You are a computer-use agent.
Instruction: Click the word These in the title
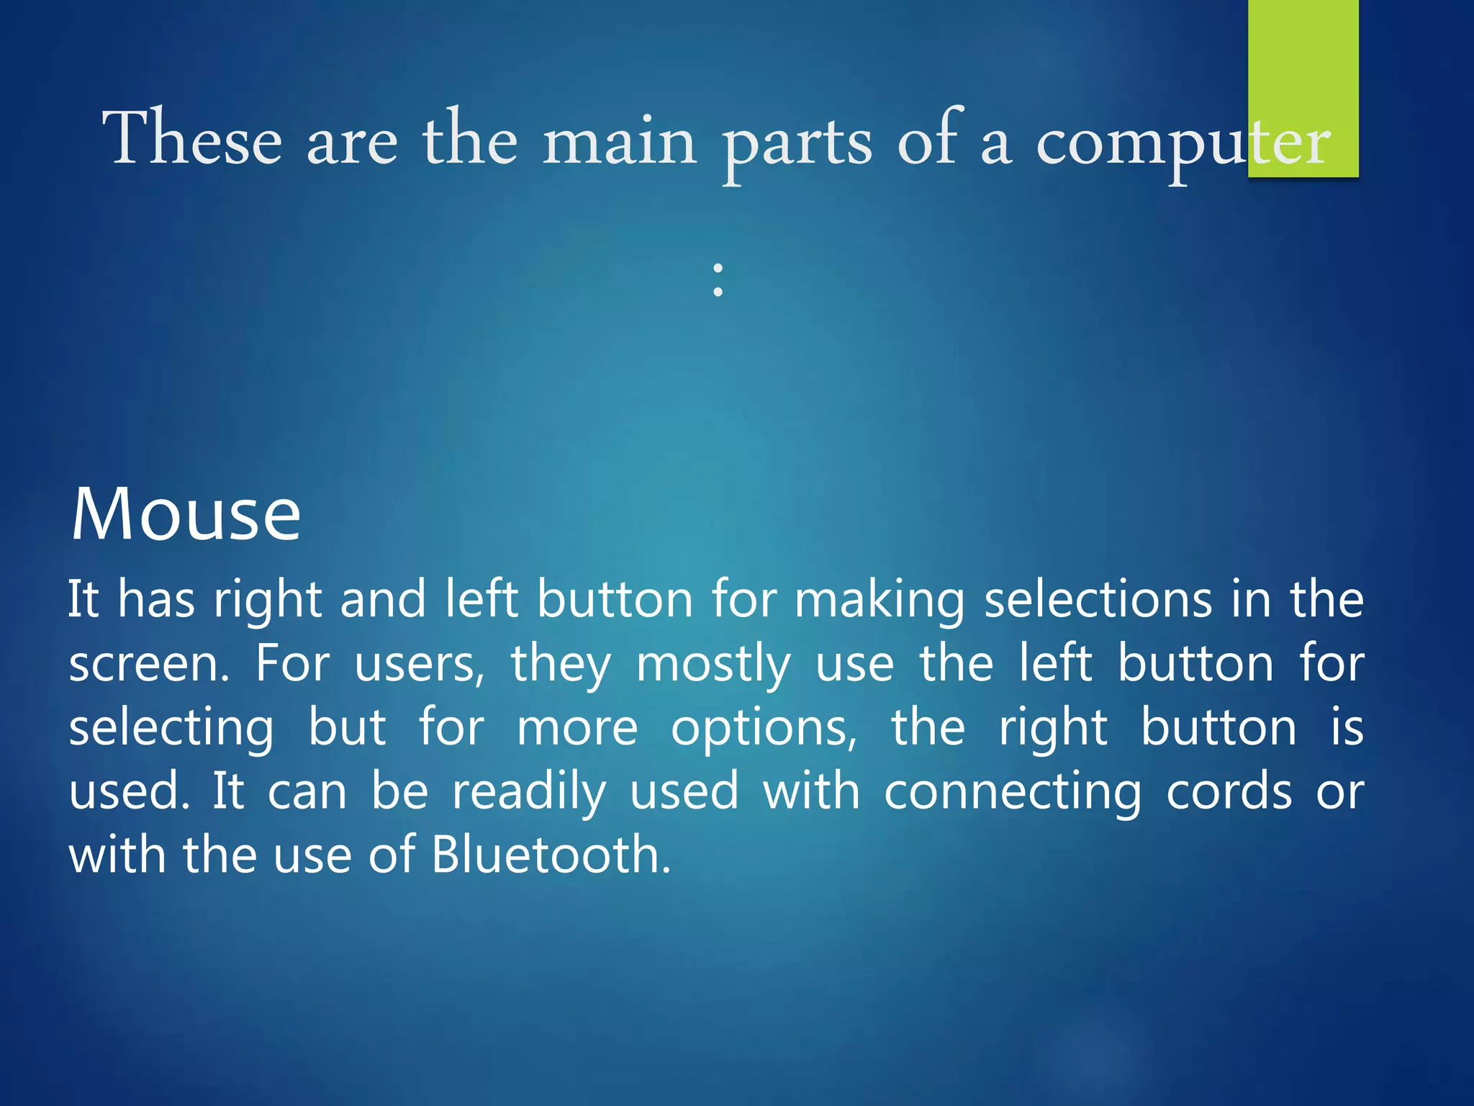point(192,138)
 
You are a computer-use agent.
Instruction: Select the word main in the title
point(619,141)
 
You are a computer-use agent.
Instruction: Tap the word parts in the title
point(797,144)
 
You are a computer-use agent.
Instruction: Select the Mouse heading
point(186,514)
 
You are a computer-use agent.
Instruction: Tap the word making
point(880,601)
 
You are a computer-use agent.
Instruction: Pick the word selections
point(1098,599)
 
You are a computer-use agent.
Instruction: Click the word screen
point(149,664)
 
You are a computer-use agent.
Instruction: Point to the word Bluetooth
point(551,855)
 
